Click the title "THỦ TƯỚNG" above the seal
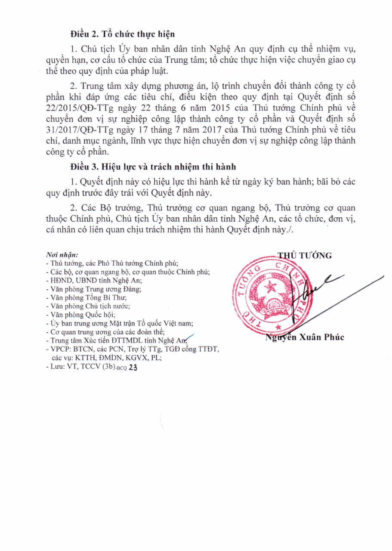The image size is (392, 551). tap(305, 255)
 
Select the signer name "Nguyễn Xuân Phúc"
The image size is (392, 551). tap(305, 337)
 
